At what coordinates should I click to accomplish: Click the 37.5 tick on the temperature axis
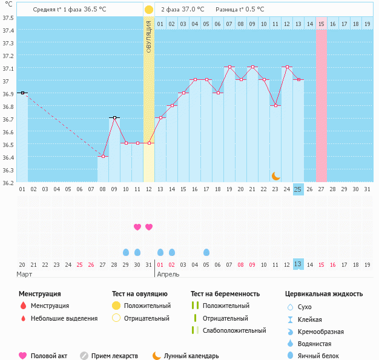pyautogui.click(x=8, y=18)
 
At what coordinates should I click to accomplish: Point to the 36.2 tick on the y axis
pyautogui.click(x=8, y=182)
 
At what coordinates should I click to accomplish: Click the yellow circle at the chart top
pyautogui.click(x=149, y=10)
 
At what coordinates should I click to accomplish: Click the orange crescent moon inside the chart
pyautogui.click(x=275, y=175)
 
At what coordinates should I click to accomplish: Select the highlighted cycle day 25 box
pyautogui.click(x=298, y=189)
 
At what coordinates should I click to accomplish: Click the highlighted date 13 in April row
pyautogui.click(x=298, y=264)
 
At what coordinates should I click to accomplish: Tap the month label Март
pyautogui.click(x=25, y=274)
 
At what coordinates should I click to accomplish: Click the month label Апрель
pyautogui.click(x=168, y=274)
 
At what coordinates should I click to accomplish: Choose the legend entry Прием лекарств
pyautogui.click(x=114, y=356)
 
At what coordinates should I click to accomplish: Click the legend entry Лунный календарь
pyautogui.click(x=191, y=356)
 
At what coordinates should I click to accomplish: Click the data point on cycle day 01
pyautogui.click(x=22, y=93)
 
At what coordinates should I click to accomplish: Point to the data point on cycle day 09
pyautogui.click(x=114, y=118)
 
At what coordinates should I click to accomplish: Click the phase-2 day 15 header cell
pyautogui.click(x=321, y=24)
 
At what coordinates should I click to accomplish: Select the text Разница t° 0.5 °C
pyautogui.click(x=240, y=10)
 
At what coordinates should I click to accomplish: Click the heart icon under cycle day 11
pyautogui.click(x=137, y=227)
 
